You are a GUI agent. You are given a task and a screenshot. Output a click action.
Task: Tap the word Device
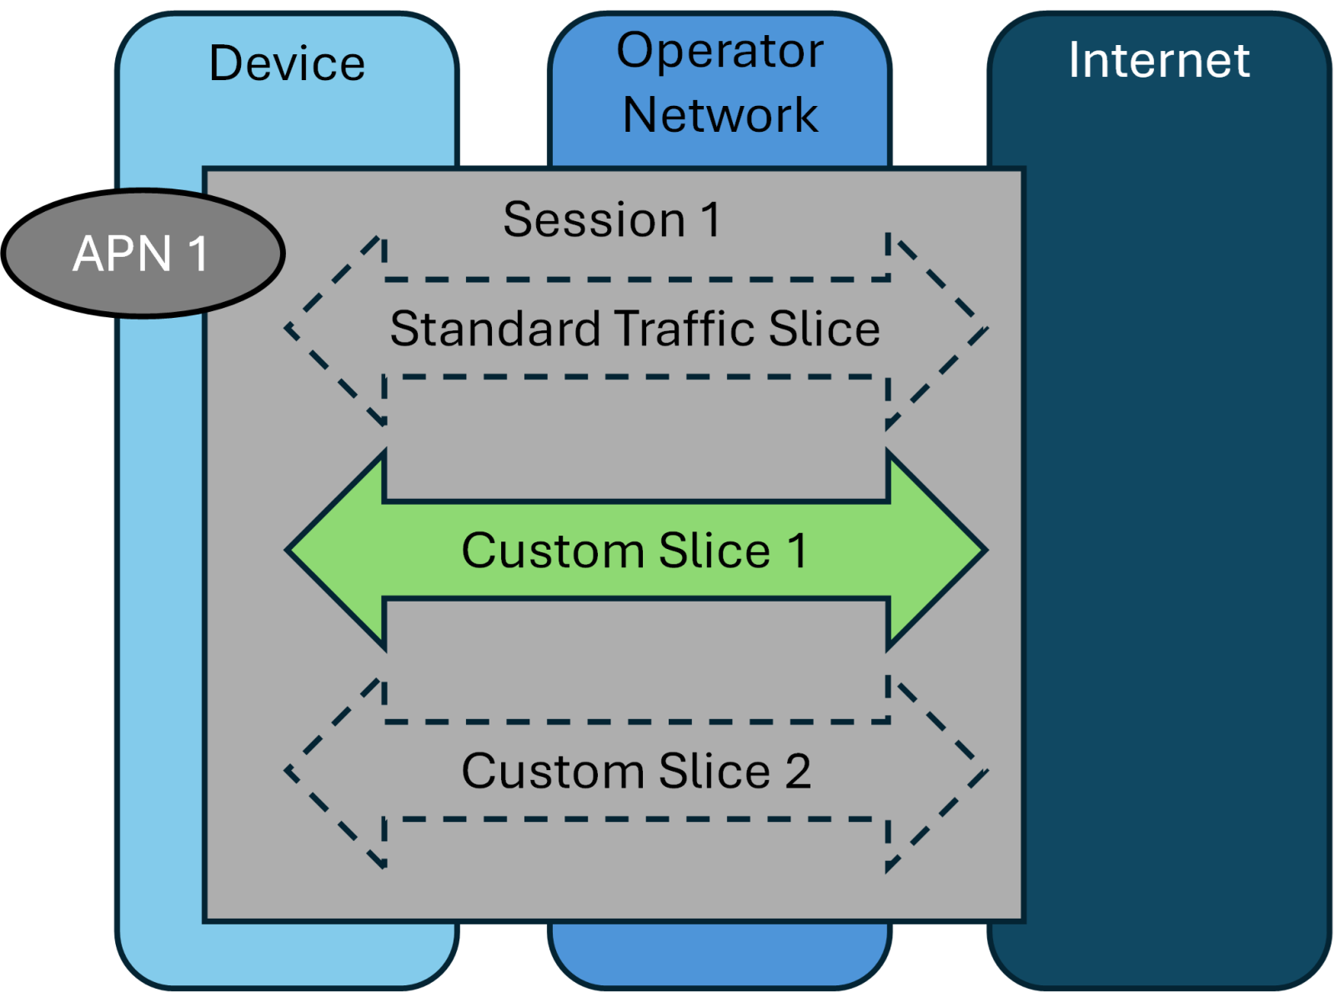point(287,63)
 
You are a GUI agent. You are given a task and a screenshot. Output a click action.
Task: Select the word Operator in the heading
point(720,51)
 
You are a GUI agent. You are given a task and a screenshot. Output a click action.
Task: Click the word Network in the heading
point(720,114)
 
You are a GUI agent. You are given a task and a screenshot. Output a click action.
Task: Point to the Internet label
point(1159,60)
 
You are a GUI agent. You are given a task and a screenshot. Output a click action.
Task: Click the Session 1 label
point(612,219)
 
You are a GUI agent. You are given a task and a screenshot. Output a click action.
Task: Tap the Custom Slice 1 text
point(634,551)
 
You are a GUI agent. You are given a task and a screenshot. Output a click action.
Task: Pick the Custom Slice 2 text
point(635,771)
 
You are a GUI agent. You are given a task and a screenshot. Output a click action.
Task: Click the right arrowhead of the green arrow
point(937,551)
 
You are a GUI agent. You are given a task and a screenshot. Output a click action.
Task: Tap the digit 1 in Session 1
point(710,220)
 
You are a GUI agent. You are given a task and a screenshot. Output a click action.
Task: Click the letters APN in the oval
point(123,254)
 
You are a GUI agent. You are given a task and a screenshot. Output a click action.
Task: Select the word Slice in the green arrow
point(715,551)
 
